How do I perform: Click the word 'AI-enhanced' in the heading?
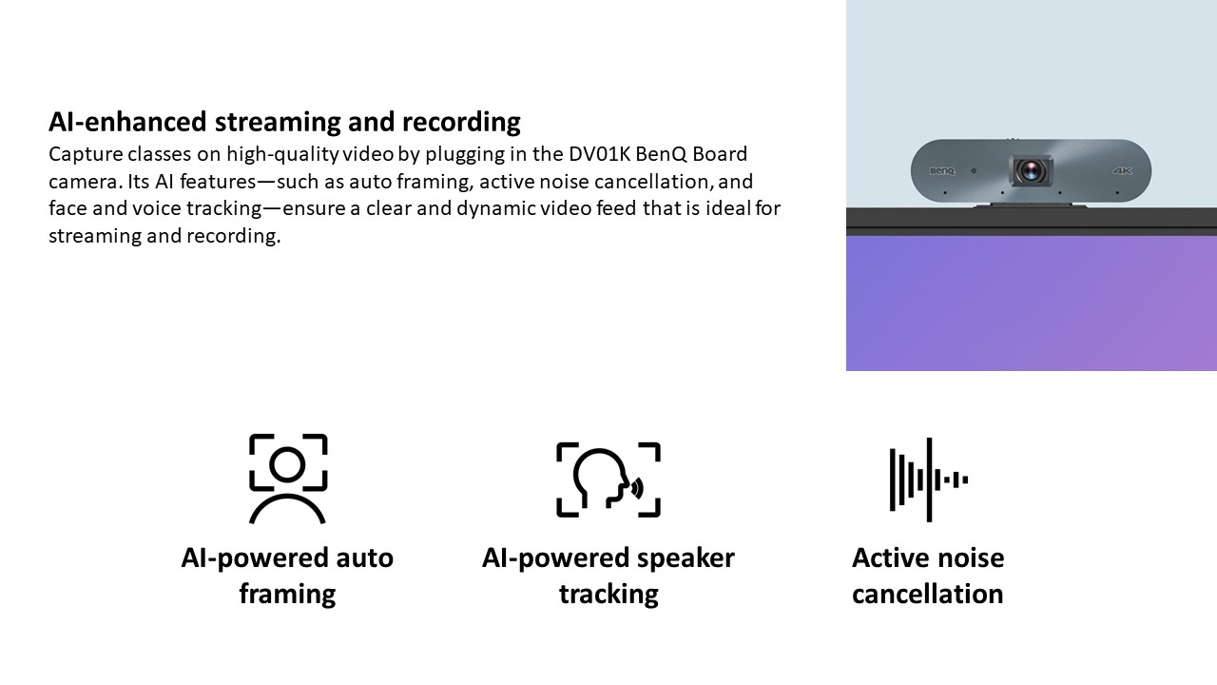coord(127,122)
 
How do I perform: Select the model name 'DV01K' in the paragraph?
coord(599,154)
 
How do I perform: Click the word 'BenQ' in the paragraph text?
coord(661,154)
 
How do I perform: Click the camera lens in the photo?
coord(1030,170)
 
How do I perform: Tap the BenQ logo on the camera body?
coord(941,170)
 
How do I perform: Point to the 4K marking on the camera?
coord(1122,170)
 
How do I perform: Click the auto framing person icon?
coord(287,479)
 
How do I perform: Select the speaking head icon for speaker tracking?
coord(608,479)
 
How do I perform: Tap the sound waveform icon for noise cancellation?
coord(929,479)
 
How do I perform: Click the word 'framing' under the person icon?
coord(287,595)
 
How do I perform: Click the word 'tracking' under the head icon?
coord(608,595)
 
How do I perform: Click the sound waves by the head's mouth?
coord(637,488)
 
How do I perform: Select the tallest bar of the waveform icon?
coord(929,479)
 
